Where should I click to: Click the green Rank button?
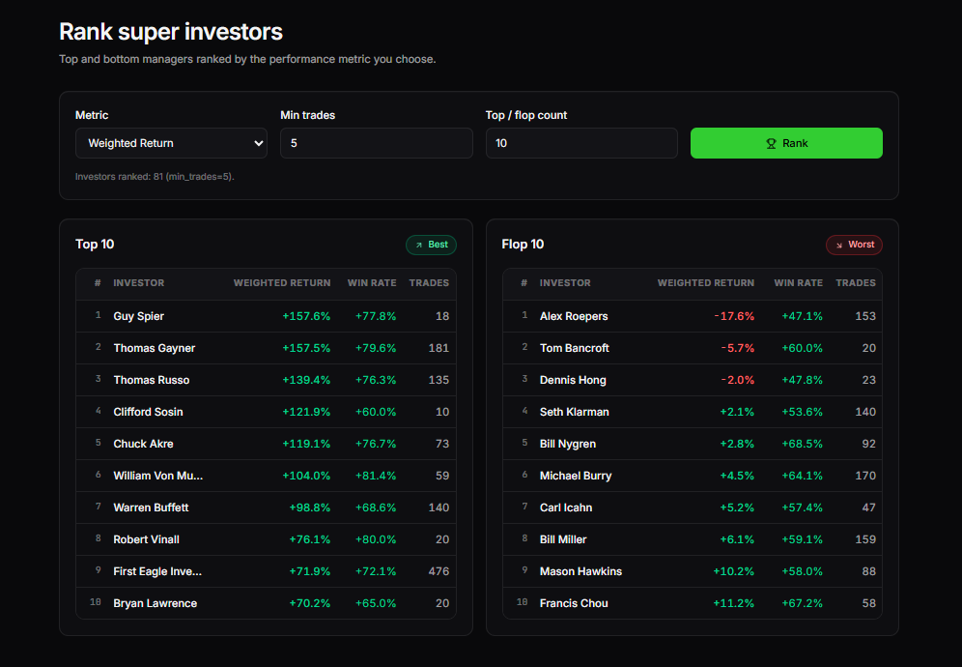point(786,143)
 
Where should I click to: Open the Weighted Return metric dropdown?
point(171,143)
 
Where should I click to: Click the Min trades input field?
point(376,143)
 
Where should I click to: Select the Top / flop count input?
point(580,143)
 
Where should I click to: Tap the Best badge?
point(431,245)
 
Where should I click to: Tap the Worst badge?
point(854,245)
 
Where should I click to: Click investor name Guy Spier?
point(139,316)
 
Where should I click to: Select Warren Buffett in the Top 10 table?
point(151,507)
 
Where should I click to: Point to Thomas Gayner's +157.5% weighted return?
point(306,348)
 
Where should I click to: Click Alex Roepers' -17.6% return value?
point(734,316)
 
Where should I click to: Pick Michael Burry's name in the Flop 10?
point(576,476)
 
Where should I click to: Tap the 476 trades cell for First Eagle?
point(439,571)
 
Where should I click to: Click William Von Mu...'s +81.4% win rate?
point(376,476)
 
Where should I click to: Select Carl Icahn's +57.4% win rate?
point(802,507)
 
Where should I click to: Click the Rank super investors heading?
point(171,32)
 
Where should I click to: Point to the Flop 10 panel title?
point(523,245)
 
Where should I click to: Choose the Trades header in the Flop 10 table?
point(856,283)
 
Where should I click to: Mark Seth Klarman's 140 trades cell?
point(865,412)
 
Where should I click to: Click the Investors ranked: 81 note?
point(155,177)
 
